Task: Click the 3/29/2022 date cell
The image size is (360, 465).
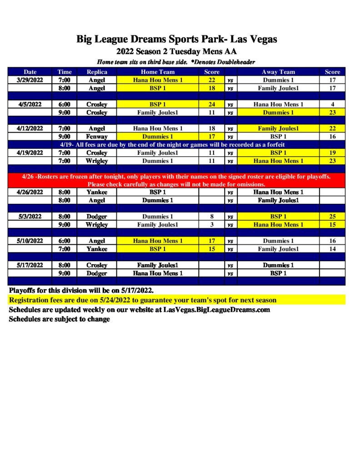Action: point(30,80)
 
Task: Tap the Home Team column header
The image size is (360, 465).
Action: point(157,72)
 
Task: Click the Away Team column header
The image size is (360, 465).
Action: point(278,72)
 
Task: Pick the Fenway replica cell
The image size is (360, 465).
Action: point(96,136)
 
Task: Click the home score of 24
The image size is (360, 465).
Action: point(211,104)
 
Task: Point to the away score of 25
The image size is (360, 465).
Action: point(332,217)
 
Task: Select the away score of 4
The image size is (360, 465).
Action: point(332,104)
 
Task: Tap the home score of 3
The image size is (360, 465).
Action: point(211,225)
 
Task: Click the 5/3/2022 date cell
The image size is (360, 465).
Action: point(30,217)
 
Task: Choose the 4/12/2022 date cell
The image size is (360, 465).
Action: point(30,129)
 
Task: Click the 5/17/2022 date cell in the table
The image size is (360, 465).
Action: point(30,265)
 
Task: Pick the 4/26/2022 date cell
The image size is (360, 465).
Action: point(30,192)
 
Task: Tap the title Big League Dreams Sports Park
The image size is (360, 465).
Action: point(176,40)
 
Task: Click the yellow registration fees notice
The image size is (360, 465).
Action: point(142,300)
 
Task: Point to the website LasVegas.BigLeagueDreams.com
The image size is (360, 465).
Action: point(216,310)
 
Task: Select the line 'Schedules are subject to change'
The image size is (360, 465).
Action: point(59,319)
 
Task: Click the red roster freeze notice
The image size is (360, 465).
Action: point(176,180)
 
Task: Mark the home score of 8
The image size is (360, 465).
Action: point(211,217)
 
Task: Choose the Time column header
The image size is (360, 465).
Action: point(65,72)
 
